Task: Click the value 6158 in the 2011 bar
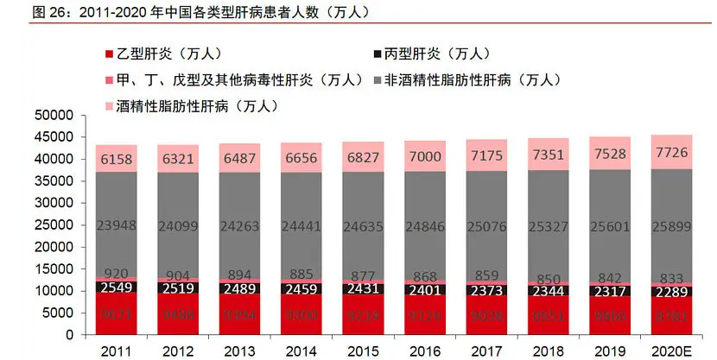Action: [118, 159]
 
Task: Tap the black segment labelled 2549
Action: [118, 286]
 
